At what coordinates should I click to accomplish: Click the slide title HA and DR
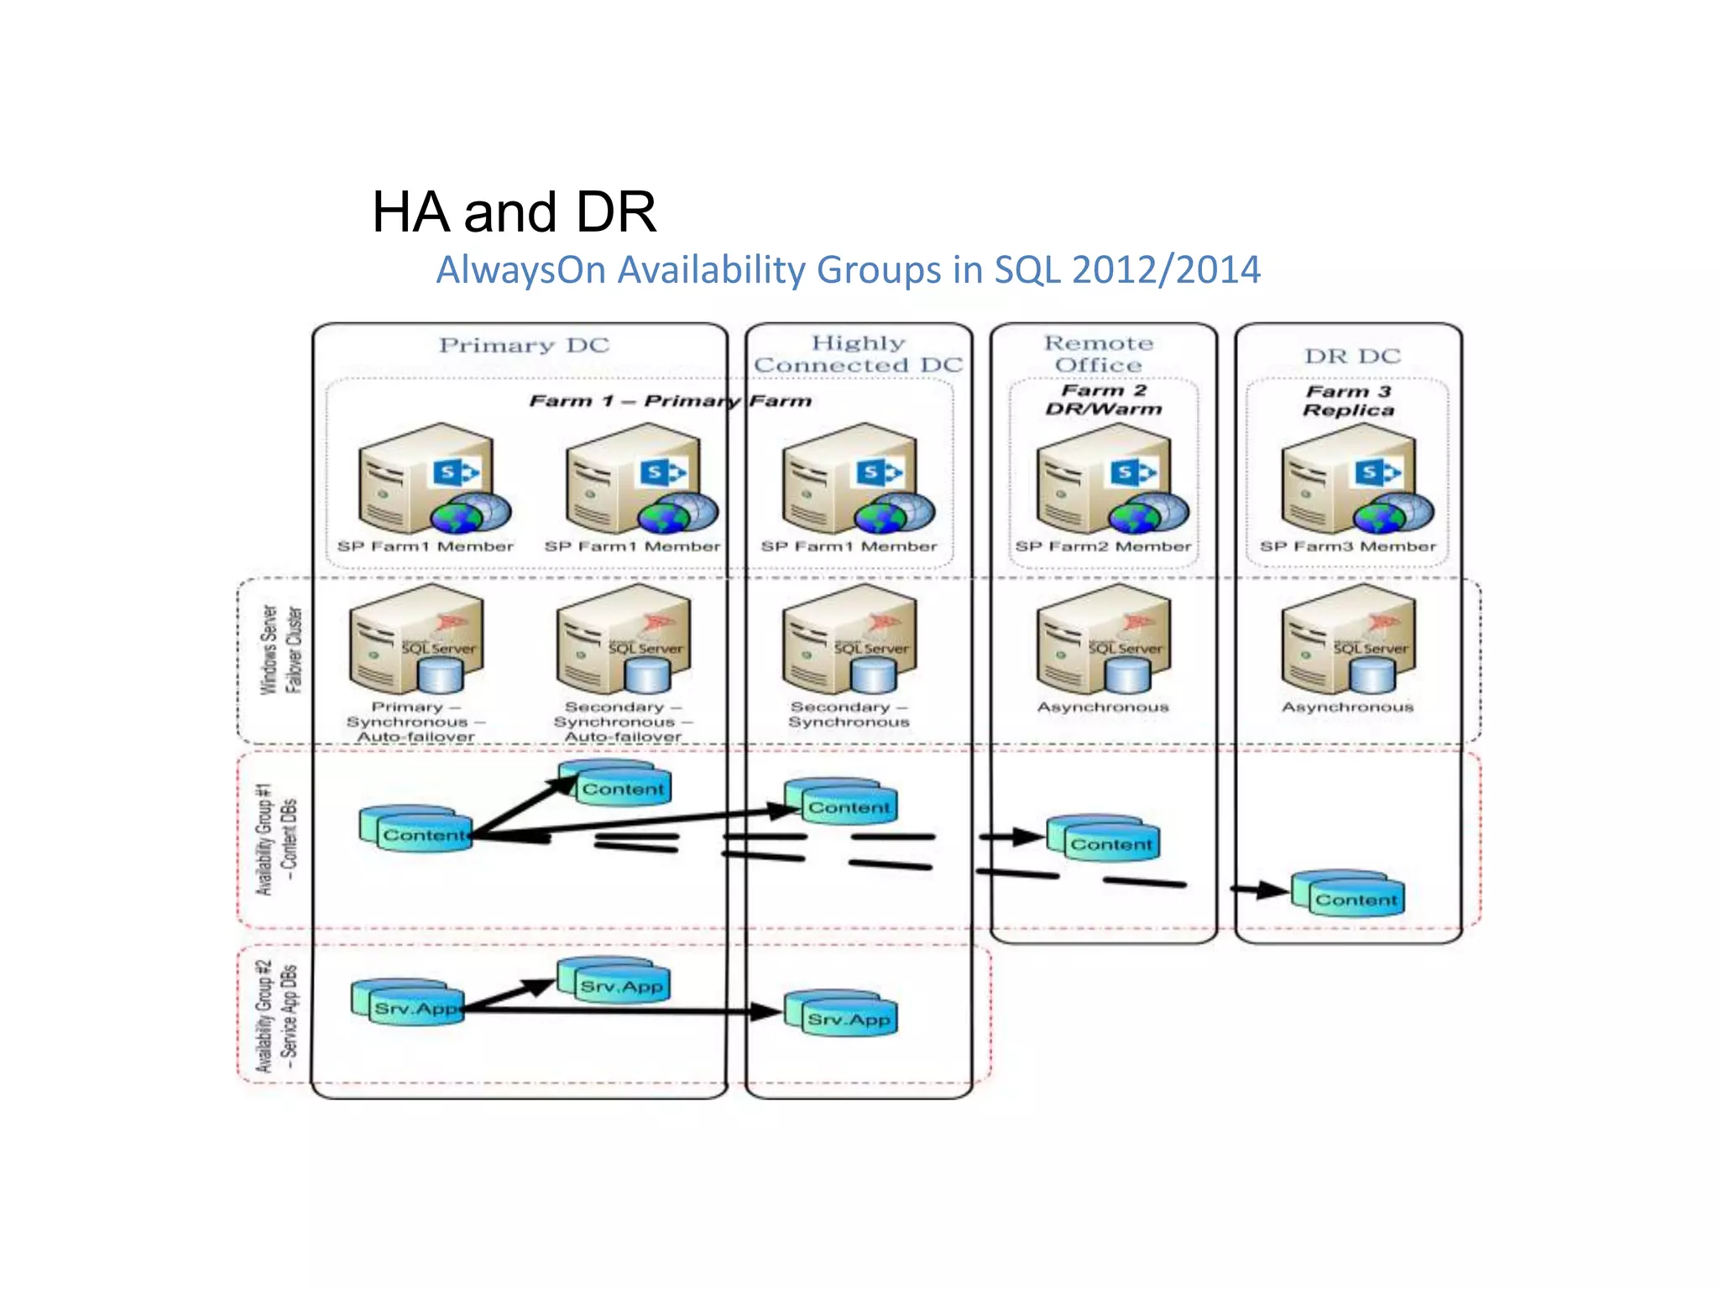point(514,211)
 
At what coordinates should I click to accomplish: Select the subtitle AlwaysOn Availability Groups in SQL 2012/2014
point(848,270)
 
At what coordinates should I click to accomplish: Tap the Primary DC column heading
point(524,345)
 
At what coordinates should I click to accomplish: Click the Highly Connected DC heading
point(858,354)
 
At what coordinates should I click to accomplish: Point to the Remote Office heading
point(1099,354)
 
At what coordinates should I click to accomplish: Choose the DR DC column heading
point(1352,356)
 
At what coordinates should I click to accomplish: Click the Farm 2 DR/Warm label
point(1104,400)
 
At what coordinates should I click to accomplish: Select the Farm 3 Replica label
point(1348,401)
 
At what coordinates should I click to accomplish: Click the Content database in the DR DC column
point(1348,895)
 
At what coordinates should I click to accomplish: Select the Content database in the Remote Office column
point(1104,838)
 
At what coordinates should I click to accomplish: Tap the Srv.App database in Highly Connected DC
point(842,1014)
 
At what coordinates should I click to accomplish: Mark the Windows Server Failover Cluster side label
point(280,650)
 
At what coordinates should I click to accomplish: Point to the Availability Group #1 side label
point(276,839)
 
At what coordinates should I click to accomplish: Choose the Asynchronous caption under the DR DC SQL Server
point(1347,707)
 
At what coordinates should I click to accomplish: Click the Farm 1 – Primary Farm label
point(670,401)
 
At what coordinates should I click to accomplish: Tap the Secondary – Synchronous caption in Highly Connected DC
point(849,714)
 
